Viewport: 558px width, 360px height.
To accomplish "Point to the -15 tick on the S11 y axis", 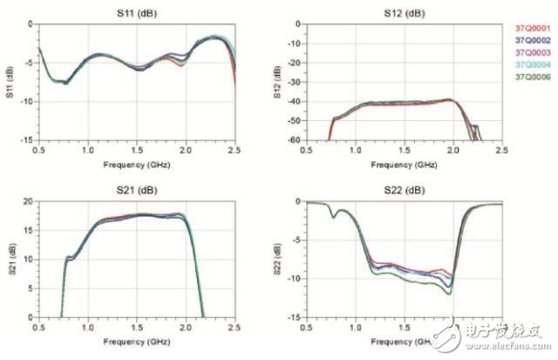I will [x=28, y=139].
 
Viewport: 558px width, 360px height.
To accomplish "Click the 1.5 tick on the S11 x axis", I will [x=136, y=150].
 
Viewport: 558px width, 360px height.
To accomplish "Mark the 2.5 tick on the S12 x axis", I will [x=501, y=150].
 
